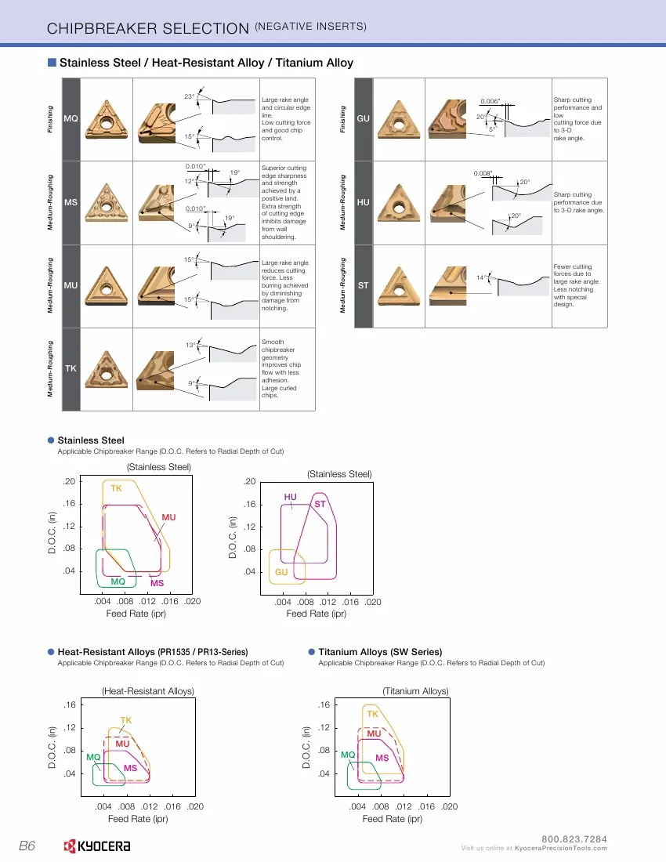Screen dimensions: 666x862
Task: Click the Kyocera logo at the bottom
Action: (x=96, y=846)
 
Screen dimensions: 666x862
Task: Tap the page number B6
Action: (x=27, y=846)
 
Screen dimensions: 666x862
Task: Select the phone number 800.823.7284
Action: (x=574, y=839)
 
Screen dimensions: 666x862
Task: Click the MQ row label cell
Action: (x=71, y=119)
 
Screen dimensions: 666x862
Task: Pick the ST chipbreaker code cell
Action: (x=364, y=286)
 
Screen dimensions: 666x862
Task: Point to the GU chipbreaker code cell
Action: (x=364, y=119)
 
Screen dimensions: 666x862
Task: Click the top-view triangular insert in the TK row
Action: (x=107, y=369)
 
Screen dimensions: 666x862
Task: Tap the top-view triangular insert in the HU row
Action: (x=399, y=203)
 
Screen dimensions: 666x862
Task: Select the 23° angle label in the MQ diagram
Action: (x=190, y=96)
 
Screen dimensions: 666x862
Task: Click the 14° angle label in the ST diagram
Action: (x=481, y=277)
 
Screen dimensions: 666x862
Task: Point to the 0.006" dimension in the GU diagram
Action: (x=490, y=101)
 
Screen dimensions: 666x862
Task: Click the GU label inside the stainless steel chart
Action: (x=281, y=572)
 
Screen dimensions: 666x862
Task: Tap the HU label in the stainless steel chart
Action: (x=290, y=497)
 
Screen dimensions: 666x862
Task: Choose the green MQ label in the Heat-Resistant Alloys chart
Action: (x=93, y=757)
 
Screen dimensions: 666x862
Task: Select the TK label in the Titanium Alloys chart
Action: (x=372, y=714)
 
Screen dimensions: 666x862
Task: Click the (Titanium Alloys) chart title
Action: (x=415, y=691)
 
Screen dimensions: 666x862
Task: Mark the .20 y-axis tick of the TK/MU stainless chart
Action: (x=69, y=482)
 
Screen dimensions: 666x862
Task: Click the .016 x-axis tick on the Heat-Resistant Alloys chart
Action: (x=172, y=806)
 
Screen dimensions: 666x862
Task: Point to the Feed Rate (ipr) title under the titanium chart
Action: (x=393, y=819)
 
